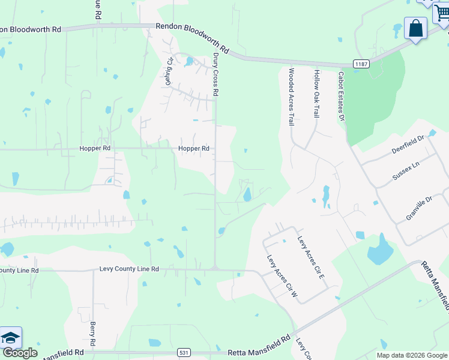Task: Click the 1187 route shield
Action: tap(361, 64)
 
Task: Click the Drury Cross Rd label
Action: tap(215, 75)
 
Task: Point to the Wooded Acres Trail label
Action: tap(291, 96)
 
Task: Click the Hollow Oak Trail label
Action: tap(316, 92)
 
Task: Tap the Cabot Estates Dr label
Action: tap(340, 97)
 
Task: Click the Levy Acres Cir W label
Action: tap(283, 276)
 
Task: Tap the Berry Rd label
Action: tap(93, 334)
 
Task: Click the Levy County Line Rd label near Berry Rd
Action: tap(129, 270)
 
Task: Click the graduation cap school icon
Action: tap(11, 338)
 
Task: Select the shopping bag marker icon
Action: tap(415, 28)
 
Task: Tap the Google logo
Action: tap(20, 353)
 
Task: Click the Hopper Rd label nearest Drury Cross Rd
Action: tap(193, 148)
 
